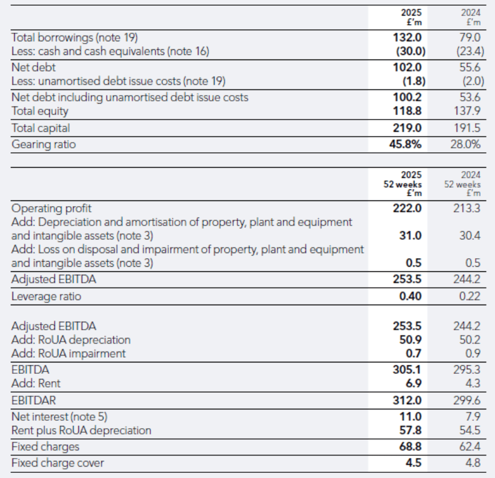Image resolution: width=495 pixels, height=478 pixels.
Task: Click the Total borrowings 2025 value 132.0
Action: tap(408, 38)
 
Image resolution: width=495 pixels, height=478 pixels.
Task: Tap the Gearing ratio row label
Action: tap(43, 144)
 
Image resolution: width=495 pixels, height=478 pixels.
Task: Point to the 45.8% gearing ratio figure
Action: tap(406, 144)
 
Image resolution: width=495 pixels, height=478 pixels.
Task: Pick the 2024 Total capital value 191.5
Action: tap(468, 128)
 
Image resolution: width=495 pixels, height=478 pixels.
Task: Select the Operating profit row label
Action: tap(52, 208)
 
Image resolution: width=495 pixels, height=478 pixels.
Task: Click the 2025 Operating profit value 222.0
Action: tap(408, 208)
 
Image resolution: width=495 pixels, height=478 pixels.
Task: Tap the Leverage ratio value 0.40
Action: tap(410, 297)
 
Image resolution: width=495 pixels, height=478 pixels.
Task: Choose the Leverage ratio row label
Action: tap(46, 297)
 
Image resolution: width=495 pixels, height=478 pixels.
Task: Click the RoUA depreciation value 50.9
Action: tap(410, 340)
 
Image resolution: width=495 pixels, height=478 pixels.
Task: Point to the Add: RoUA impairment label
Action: tap(68, 353)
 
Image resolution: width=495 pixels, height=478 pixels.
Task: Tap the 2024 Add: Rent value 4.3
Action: tap(472, 384)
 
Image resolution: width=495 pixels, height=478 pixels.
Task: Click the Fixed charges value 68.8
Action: tap(410, 446)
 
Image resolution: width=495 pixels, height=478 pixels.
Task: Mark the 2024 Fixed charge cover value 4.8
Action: tap(472, 463)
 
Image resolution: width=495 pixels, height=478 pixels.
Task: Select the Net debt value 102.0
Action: tap(408, 67)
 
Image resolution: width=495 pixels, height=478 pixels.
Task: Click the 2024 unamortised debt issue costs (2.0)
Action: tap(469, 80)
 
